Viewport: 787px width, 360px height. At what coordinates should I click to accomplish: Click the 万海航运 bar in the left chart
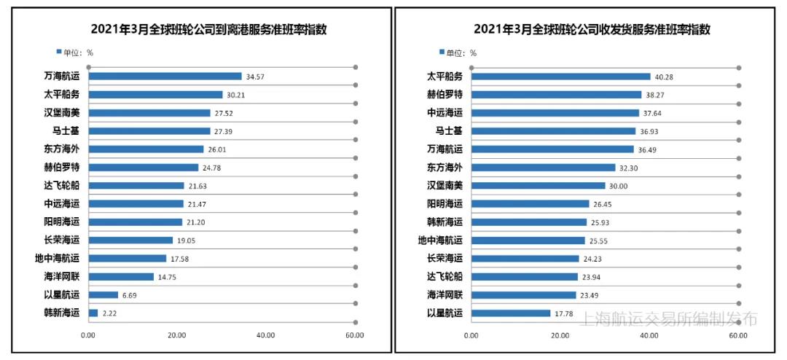point(165,77)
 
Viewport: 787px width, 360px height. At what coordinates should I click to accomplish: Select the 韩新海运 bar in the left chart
point(93,313)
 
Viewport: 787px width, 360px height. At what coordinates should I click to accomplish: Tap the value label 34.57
point(255,77)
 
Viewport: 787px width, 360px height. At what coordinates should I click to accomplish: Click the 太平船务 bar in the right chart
point(560,77)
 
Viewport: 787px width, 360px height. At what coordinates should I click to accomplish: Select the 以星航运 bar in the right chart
point(511,313)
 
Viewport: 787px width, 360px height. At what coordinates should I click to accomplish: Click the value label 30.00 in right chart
point(619,186)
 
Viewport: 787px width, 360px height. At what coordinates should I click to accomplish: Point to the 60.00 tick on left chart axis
point(355,335)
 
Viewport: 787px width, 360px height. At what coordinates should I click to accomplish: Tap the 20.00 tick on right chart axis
point(560,335)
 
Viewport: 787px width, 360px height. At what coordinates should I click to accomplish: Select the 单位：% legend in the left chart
point(75,52)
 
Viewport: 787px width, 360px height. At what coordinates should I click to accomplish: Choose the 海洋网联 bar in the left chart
point(121,277)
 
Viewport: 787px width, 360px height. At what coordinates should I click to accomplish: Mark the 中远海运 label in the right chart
point(445,113)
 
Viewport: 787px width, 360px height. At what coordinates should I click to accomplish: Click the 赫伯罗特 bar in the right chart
point(556,95)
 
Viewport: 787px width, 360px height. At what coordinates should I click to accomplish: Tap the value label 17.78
point(565,313)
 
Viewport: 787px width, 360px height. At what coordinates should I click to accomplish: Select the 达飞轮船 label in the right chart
point(445,277)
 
